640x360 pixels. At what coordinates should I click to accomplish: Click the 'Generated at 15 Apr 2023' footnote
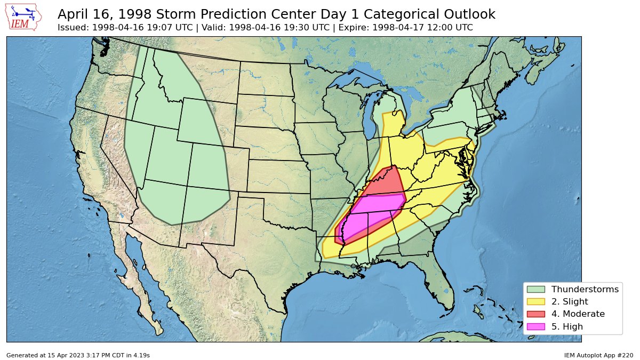[x=78, y=355]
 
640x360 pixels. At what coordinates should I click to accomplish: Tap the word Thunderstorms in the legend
[x=585, y=289]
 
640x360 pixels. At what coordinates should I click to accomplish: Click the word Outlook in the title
[x=469, y=14]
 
